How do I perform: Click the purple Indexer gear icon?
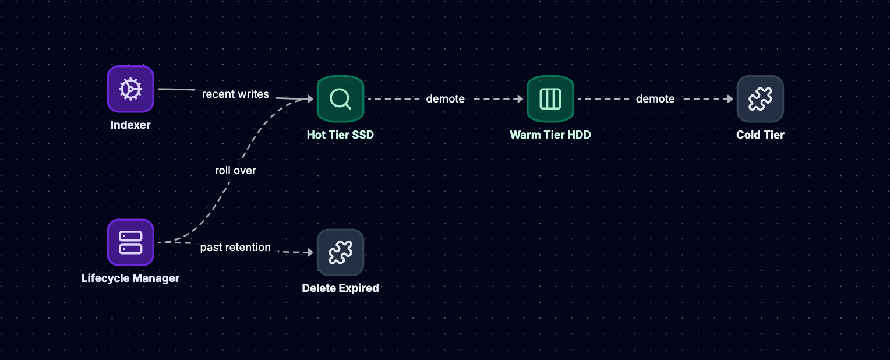130,89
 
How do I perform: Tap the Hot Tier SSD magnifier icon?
340,99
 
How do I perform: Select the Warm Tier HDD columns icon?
550,99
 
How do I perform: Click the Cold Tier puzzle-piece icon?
760,99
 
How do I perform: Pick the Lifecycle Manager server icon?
130,242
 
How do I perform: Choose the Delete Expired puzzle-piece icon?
340,252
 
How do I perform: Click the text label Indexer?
130,125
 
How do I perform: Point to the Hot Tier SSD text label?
340,135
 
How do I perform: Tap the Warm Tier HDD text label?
550,135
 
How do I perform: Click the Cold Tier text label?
760,135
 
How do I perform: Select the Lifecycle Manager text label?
130,278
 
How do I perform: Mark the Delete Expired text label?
340,288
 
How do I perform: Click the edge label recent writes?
235,94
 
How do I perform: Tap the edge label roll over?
235,171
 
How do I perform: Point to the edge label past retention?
235,248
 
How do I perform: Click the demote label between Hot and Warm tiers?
446,99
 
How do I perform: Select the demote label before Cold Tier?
655,99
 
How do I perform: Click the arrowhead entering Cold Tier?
730,99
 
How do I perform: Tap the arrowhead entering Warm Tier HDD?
521,99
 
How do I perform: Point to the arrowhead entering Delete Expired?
310,252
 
